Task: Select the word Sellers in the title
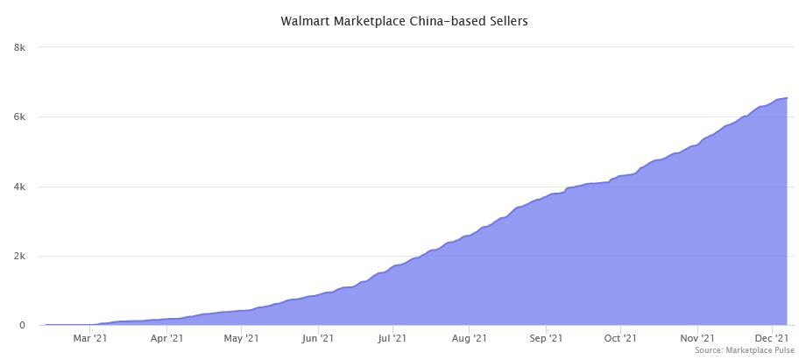coord(505,20)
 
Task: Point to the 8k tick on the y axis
coord(19,47)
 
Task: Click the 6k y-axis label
coord(19,117)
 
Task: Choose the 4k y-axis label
coord(19,187)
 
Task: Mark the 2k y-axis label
coord(19,257)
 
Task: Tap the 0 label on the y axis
coord(23,326)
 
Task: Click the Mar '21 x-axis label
coord(90,337)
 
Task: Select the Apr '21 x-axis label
coord(166,337)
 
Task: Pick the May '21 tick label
coord(241,337)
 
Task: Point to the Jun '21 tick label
coord(317,337)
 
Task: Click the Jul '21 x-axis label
coord(392,337)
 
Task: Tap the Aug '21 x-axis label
coord(469,337)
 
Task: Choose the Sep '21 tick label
coord(545,337)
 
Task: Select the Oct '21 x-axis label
coord(619,337)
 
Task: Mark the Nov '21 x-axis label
coord(696,337)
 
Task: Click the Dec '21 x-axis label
coord(771,337)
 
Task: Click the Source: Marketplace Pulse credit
coord(745,350)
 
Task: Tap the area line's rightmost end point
coord(787,98)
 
